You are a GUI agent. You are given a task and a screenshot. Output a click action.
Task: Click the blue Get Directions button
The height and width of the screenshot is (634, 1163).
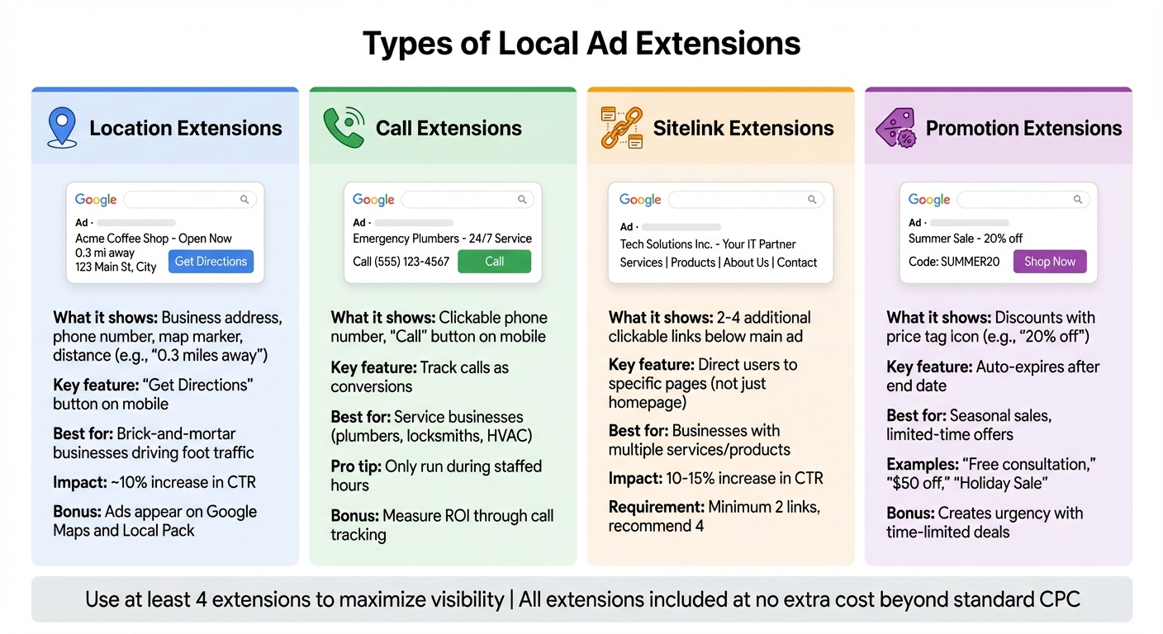pos(211,262)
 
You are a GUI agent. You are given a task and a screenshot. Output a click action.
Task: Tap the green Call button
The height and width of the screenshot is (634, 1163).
pos(494,262)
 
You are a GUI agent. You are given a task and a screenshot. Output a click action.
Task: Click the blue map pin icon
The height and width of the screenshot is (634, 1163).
pos(62,128)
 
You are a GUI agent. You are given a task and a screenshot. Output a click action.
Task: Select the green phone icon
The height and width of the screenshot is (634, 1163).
pos(344,128)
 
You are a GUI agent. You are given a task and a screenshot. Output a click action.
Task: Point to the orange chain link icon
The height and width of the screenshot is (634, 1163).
pos(621,128)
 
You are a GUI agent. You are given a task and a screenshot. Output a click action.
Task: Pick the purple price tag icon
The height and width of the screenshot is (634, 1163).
pos(895,129)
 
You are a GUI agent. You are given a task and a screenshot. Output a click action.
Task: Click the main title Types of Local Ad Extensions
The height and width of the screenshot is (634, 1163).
pos(581,43)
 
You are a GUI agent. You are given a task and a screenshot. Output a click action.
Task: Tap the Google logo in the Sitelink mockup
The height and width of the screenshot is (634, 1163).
pos(640,200)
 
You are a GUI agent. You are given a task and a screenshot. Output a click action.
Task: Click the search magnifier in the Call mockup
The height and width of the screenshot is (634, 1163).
pos(522,200)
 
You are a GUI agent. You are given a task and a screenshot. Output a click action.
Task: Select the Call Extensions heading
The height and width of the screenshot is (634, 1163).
pos(449,128)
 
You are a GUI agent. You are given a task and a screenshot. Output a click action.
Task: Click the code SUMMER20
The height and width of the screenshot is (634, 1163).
pos(954,262)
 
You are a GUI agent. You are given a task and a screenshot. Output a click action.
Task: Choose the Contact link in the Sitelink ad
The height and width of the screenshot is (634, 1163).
pos(797,263)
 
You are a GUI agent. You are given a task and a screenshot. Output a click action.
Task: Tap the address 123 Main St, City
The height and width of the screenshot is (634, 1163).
pos(116,267)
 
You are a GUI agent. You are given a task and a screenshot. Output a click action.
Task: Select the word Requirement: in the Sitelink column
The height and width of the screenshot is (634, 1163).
pos(656,508)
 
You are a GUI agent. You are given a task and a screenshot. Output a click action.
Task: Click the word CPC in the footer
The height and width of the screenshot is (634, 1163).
pos(1060,599)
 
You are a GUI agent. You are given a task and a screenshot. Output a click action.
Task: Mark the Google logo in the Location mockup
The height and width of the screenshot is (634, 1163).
pos(96,200)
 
